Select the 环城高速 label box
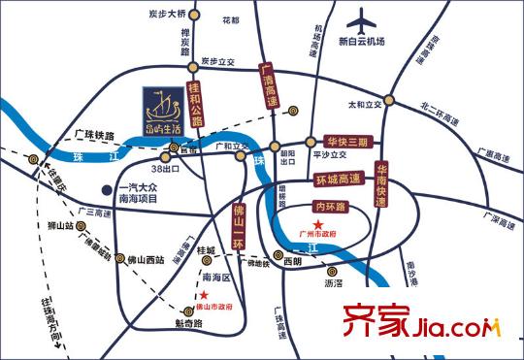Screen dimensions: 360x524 coord(338,179)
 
